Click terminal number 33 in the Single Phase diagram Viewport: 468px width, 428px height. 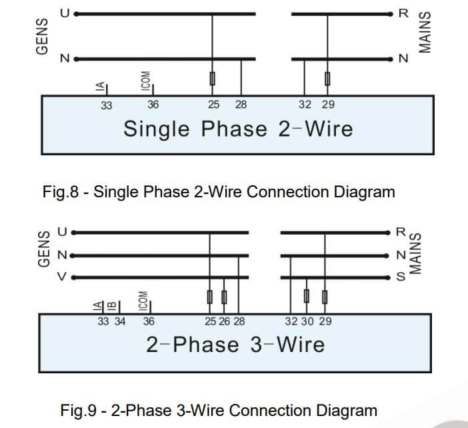(107, 105)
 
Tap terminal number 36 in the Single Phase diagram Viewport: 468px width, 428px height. (153, 105)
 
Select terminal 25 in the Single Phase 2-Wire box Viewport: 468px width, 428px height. (213, 105)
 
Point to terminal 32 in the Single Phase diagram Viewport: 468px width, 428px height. (305, 105)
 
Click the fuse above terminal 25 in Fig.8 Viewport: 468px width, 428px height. (213, 79)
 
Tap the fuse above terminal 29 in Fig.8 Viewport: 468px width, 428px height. (327, 79)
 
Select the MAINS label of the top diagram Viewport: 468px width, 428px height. (425, 33)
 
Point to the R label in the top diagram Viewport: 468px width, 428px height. (402, 13)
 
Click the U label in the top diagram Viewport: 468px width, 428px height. (65, 13)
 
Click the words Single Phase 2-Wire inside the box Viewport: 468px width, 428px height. (238, 128)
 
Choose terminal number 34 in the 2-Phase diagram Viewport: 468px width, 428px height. (120, 321)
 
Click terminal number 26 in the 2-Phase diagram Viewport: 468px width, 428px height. (225, 321)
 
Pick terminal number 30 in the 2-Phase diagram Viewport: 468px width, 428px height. (307, 321)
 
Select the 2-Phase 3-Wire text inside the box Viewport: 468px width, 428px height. (235, 345)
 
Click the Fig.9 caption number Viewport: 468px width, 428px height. (79, 410)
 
